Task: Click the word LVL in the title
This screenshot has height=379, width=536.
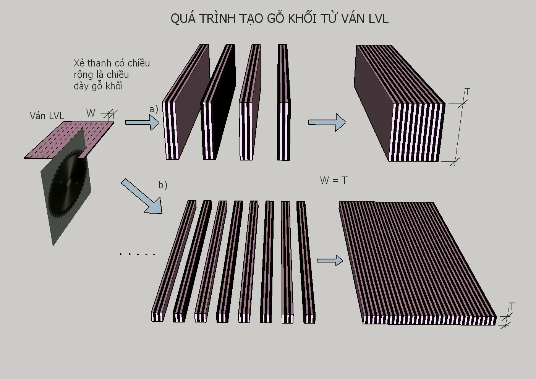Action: click(378, 19)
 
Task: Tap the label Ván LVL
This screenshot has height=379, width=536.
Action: click(47, 116)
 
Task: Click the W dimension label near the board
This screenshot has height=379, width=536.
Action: click(91, 113)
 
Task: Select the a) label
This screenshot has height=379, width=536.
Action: click(154, 109)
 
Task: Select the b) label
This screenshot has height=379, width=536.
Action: click(163, 185)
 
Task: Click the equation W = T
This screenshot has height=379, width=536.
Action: click(334, 180)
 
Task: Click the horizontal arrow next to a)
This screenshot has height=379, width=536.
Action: click(142, 122)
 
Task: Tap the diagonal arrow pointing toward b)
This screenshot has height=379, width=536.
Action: click(142, 196)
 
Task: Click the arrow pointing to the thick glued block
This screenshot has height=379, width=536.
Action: click(327, 122)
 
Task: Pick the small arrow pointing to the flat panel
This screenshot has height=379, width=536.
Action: click(330, 261)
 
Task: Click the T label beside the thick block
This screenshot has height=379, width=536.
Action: click(467, 92)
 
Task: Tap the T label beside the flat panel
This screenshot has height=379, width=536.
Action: click(512, 306)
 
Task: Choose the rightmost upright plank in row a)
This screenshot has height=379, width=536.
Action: click(284, 102)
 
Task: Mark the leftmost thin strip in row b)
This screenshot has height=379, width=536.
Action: click(174, 261)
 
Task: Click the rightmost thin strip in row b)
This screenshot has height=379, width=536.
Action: click(306, 262)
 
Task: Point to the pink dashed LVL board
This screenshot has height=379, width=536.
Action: click(69, 140)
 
